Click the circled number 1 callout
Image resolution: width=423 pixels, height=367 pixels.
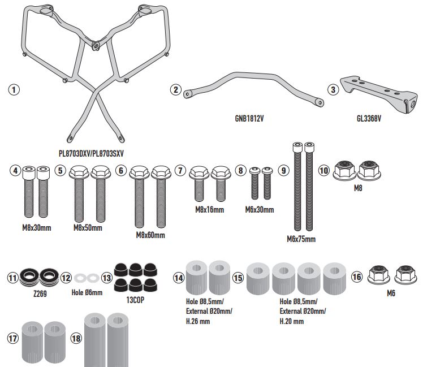(15, 89)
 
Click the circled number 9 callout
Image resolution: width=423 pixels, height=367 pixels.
(284, 170)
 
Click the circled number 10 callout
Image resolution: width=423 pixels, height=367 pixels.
(324, 170)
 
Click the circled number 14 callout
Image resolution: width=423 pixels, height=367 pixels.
(179, 277)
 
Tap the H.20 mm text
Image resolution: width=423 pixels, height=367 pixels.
(292, 321)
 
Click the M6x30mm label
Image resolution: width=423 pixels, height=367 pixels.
(260, 210)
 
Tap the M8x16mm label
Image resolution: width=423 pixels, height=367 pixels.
(209, 209)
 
